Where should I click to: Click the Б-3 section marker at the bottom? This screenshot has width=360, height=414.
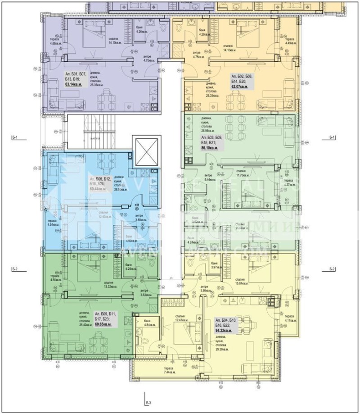point(147,402)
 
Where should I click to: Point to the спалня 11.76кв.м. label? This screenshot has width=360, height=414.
point(241,173)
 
